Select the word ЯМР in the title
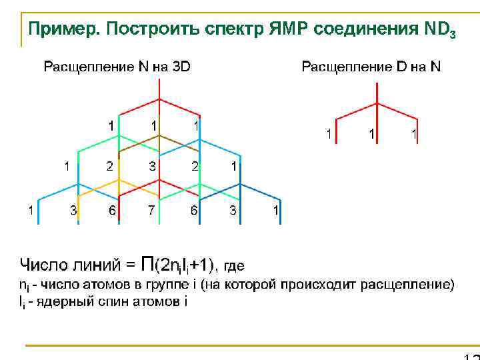tap(289, 29)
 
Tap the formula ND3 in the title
tap(439, 30)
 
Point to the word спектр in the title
tap(231, 30)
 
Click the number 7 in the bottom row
tap(153, 211)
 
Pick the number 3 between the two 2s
tap(153, 166)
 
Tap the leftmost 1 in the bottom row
tap(31, 211)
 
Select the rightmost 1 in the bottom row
tap(276, 211)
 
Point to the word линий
tap(93, 265)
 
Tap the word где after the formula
tap(234, 266)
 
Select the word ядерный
tap(63, 302)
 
